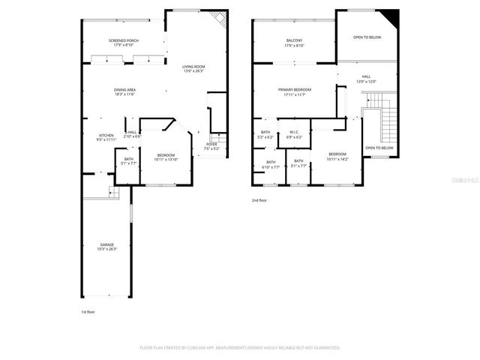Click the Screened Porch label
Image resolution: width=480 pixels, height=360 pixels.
pyautogui.click(x=124, y=43)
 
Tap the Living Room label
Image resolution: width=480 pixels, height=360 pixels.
pyautogui.click(x=193, y=69)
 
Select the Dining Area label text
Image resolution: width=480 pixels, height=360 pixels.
pyautogui.click(x=124, y=92)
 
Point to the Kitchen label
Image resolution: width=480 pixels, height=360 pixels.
pyautogui.click(x=106, y=137)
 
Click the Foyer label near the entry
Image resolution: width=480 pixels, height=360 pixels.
pyautogui.click(x=211, y=146)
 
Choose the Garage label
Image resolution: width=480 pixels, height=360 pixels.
pyautogui.click(x=107, y=247)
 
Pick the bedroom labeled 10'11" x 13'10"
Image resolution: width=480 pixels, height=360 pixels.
pyautogui.click(x=165, y=157)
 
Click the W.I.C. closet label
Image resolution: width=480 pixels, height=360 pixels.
pyautogui.click(x=295, y=135)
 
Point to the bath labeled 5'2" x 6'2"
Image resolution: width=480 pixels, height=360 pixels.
pyautogui.click(x=265, y=135)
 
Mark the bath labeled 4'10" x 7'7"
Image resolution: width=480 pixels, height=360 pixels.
pyautogui.click(x=270, y=164)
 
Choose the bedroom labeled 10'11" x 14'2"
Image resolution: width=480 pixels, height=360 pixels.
pyautogui.click(x=337, y=156)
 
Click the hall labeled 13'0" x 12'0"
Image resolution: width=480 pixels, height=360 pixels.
pyautogui.click(x=366, y=78)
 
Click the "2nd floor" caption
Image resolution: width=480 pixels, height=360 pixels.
pyautogui.click(x=259, y=200)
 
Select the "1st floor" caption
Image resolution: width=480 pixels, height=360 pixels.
pyautogui.click(x=88, y=311)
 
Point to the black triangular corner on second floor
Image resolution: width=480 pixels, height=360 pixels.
pyautogui.click(x=390, y=16)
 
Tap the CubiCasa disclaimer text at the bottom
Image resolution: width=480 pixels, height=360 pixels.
pyautogui.click(x=240, y=348)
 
